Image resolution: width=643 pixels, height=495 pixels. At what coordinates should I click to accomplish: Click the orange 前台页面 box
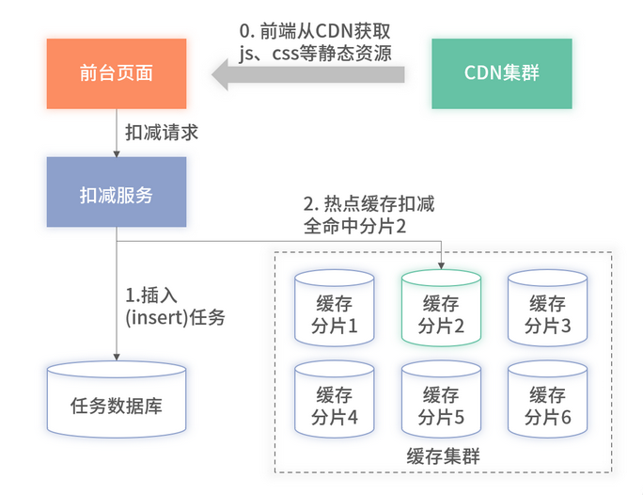click(117, 73)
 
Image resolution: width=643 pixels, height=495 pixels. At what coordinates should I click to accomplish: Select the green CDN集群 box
click(502, 73)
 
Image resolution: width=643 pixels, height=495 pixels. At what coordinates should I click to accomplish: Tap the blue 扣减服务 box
click(117, 196)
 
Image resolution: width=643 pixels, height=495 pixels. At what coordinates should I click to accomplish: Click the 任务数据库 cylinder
click(117, 399)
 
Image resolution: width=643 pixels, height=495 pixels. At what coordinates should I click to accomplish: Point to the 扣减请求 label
click(162, 133)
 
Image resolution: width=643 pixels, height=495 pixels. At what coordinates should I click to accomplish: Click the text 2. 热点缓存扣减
click(369, 204)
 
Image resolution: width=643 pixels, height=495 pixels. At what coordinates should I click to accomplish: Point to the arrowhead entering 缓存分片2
click(441, 265)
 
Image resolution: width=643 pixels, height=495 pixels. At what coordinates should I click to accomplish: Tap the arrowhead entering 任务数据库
click(117, 355)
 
